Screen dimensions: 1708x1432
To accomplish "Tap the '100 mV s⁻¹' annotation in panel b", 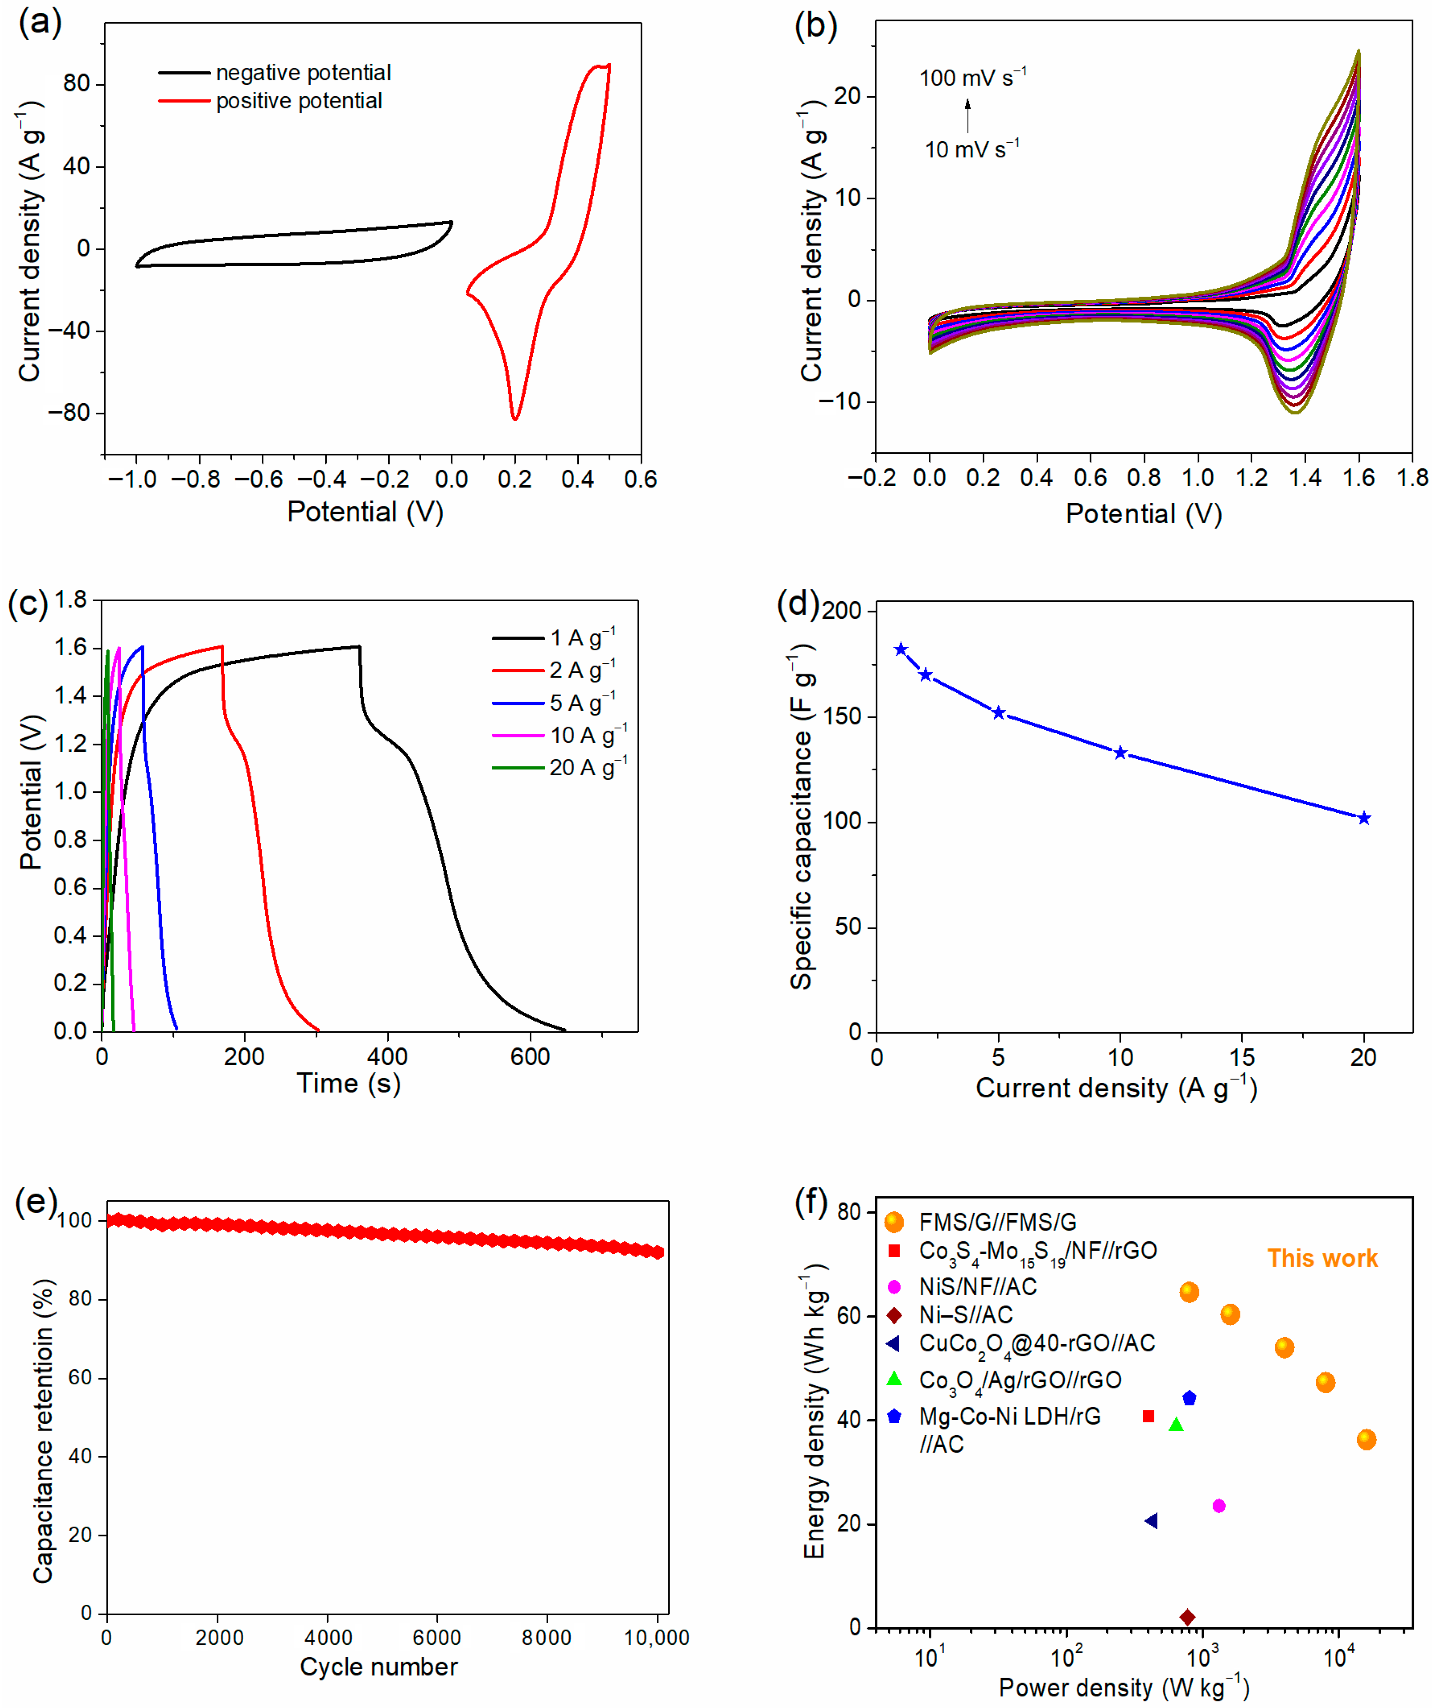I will [x=972, y=78].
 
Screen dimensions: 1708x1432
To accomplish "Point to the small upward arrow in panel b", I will [x=968, y=116].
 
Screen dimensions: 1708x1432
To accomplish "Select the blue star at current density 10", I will [x=1120, y=753].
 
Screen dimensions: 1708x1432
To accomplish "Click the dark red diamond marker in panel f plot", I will [x=1187, y=1617].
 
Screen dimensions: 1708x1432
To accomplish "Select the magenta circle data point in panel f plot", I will [x=1218, y=1506].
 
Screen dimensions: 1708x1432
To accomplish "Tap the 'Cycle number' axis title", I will [x=378, y=1667].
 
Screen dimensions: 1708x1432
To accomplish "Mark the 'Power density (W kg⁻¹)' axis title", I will [x=1123, y=1688].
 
